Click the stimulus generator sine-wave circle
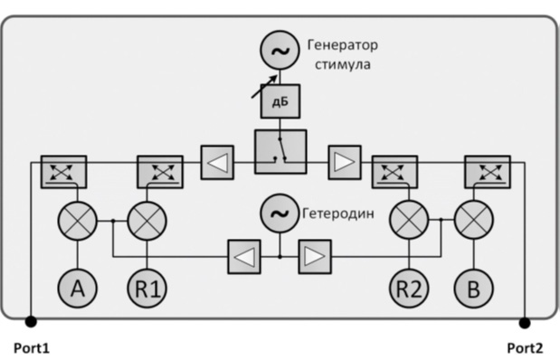pyautogui.click(x=280, y=51)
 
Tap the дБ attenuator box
pyautogui.click(x=280, y=101)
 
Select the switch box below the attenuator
pyautogui.click(x=280, y=152)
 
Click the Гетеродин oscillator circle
pyautogui.click(x=280, y=213)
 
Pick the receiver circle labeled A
pyautogui.click(x=77, y=289)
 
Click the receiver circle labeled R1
pyautogui.click(x=147, y=289)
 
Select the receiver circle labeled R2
pyautogui.click(x=409, y=289)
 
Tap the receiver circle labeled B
pyautogui.click(x=473, y=289)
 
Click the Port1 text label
pyautogui.click(x=32, y=348)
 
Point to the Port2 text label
pyautogui.click(x=525, y=348)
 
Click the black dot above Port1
pyautogui.click(x=31, y=322)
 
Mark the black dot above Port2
pyautogui.click(x=525, y=323)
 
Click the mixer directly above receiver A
pyautogui.click(x=77, y=221)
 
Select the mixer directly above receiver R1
pyautogui.click(x=147, y=221)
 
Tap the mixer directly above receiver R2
pyautogui.click(x=409, y=220)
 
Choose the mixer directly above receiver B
pyautogui.click(x=473, y=220)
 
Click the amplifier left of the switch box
pyautogui.click(x=217, y=162)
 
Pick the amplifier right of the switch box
pyautogui.click(x=345, y=162)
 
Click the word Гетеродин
pyautogui.click(x=338, y=213)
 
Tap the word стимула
pyautogui.click(x=343, y=64)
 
